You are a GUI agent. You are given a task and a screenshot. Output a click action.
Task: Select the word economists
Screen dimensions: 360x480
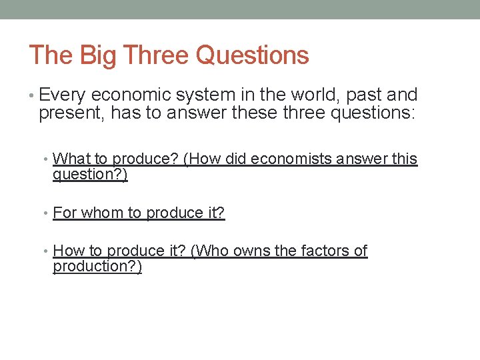click(x=291, y=159)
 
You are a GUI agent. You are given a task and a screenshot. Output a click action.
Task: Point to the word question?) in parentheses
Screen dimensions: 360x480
click(x=90, y=175)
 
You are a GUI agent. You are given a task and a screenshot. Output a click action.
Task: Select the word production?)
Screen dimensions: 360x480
click(x=97, y=267)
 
